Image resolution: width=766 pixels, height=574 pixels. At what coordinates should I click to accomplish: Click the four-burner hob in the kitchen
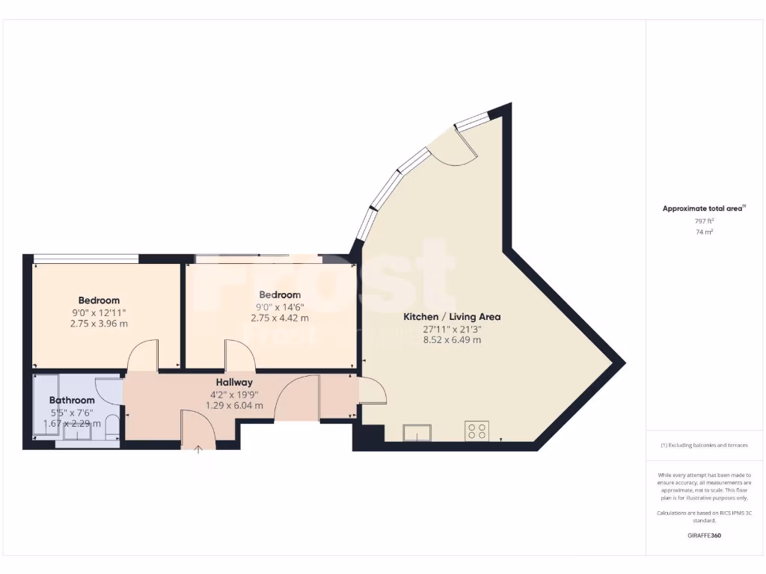coord(477,431)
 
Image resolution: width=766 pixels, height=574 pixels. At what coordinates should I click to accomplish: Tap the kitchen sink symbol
coord(417,433)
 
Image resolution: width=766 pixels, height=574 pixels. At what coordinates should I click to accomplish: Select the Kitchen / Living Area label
coord(452,317)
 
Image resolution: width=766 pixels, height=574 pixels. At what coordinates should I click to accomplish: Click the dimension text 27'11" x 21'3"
coord(452,329)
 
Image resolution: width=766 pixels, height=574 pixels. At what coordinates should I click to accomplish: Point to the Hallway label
coord(234,382)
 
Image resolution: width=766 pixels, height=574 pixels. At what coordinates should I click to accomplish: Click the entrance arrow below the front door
coord(198,450)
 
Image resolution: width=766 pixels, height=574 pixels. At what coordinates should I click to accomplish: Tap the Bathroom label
coord(72,401)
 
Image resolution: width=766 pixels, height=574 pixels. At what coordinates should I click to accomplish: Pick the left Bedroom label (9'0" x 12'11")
coord(98,300)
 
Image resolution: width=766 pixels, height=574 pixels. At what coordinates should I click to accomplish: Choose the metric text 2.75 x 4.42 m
coord(280,318)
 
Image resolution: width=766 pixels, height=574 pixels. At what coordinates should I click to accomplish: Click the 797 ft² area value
coord(704,221)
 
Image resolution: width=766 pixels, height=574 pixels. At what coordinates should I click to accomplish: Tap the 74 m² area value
coord(704,232)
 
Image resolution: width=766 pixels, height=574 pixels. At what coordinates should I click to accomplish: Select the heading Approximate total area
coord(702,209)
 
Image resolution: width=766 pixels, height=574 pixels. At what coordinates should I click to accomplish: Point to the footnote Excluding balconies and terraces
coord(704,445)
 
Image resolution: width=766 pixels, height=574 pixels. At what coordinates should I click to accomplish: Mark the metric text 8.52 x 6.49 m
coord(452,340)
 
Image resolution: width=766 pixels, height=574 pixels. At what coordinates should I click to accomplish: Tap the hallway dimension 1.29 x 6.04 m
coord(234,406)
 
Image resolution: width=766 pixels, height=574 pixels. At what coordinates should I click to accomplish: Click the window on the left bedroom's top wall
coord(86,259)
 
